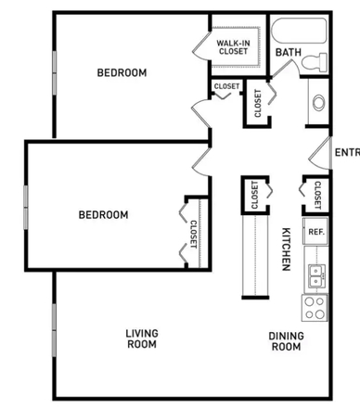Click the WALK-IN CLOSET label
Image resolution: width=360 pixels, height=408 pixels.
pyautogui.click(x=233, y=46)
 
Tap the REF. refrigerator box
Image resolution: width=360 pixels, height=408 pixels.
pyautogui.click(x=315, y=231)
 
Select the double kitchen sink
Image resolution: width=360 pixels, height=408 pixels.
pyautogui.click(x=315, y=274)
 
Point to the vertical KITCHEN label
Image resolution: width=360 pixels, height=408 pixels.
pyautogui.click(x=287, y=249)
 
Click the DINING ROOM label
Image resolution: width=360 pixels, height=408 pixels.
pyautogui.click(x=286, y=341)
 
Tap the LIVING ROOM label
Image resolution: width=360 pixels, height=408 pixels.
pyautogui.click(x=142, y=338)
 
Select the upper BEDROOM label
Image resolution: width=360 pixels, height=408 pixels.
pyautogui.click(x=122, y=73)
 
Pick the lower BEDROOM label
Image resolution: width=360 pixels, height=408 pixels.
pyautogui.click(x=103, y=214)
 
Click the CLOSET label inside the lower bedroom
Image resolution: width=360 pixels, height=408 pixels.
pyautogui.click(x=194, y=234)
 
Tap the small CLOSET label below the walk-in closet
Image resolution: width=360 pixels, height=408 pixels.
pyautogui.click(x=226, y=87)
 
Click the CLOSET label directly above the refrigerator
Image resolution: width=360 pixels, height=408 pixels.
pyautogui.click(x=317, y=195)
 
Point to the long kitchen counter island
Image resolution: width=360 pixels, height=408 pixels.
pyautogui.click(x=254, y=255)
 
